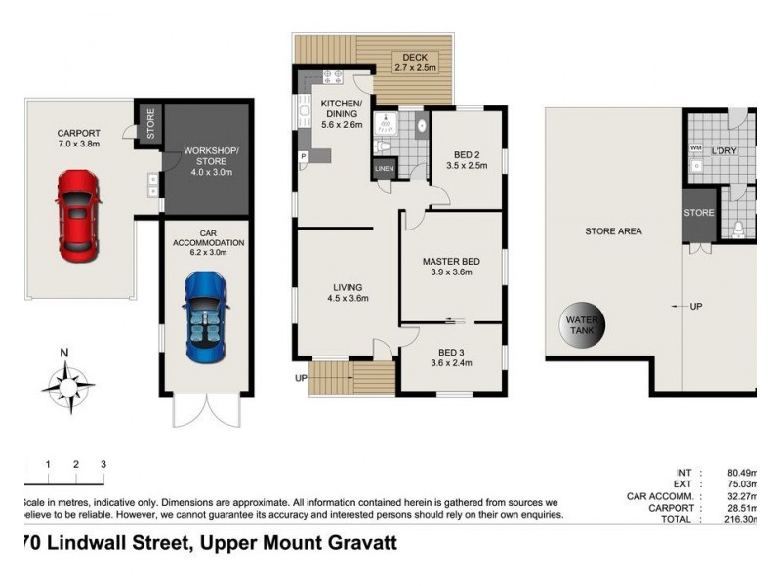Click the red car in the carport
coord(77,215)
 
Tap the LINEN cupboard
coord(384,170)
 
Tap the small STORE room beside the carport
coord(149,125)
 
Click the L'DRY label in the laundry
coord(723,150)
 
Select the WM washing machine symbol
coord(695,148)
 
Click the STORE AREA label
coord(612,231)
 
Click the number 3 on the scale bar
coord(103,463)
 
